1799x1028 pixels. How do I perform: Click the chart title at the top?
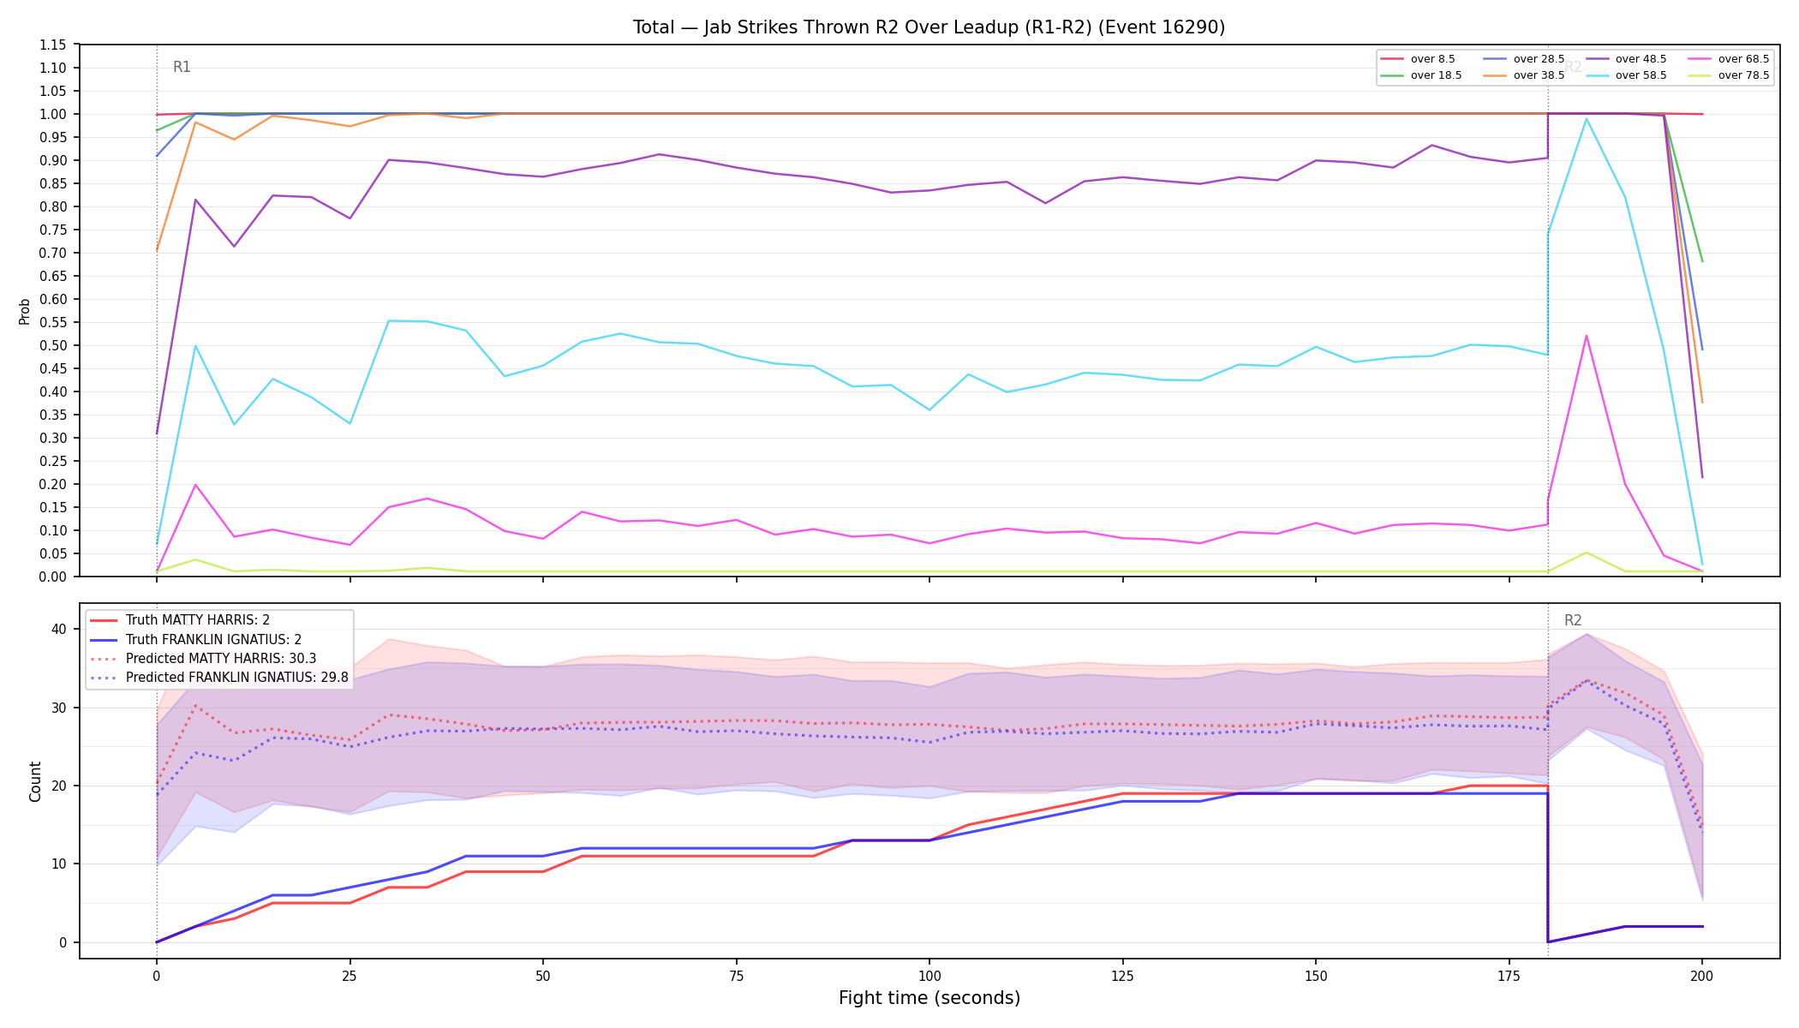929,27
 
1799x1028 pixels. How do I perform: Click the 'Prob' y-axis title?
24,311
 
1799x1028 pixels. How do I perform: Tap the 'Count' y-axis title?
35,781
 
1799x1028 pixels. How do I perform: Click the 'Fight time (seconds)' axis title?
929,998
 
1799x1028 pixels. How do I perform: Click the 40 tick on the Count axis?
59,629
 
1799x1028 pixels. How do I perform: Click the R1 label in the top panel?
182,67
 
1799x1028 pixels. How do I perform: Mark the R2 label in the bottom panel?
1573,620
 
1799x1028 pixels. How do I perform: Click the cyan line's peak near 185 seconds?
1587,118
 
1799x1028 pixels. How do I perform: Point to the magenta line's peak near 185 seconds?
1587,335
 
